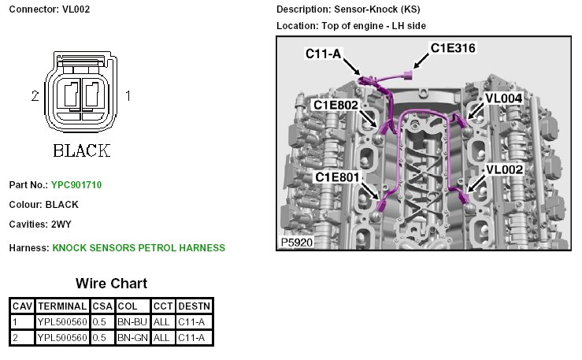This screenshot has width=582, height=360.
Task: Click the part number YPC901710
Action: (x=76, y=185)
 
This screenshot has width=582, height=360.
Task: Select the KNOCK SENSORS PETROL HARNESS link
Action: (x=139, y=247)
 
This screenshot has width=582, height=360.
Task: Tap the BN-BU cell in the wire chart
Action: (x=131, y=321)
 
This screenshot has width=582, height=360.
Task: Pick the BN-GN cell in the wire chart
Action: (x=131, y=337)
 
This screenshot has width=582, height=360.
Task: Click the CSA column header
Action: (x=102, y=306)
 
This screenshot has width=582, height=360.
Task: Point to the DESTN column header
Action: (x=195, y=306)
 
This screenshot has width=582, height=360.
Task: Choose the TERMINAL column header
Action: (x=62, y=306)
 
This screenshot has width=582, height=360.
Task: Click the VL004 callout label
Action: (x=503, y=98)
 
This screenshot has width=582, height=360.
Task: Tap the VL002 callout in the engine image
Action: (x=504, y=169)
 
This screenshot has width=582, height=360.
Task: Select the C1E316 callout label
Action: (x=453, y=48)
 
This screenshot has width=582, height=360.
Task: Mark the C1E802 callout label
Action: (x=336, y=105)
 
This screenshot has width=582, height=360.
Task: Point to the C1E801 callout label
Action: (x=338, y=177)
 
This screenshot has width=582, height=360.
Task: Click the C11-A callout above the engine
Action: (x=324, y=54)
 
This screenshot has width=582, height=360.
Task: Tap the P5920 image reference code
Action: (x=297, y=243)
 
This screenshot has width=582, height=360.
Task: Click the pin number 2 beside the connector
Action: (x=35, y=96)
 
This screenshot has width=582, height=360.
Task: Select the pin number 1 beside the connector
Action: (x=128, y=96)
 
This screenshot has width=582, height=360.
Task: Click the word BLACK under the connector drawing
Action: (x=81, y=150)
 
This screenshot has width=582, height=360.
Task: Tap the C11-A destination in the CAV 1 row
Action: (x=195, y=321)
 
